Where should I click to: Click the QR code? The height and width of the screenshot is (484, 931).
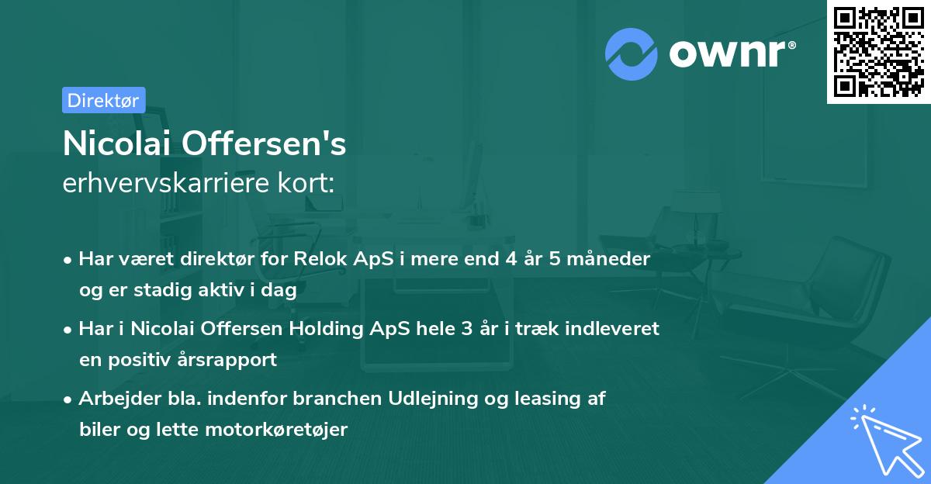coord(878,52)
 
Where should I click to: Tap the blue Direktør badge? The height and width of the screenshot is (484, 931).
coord(103,100)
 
